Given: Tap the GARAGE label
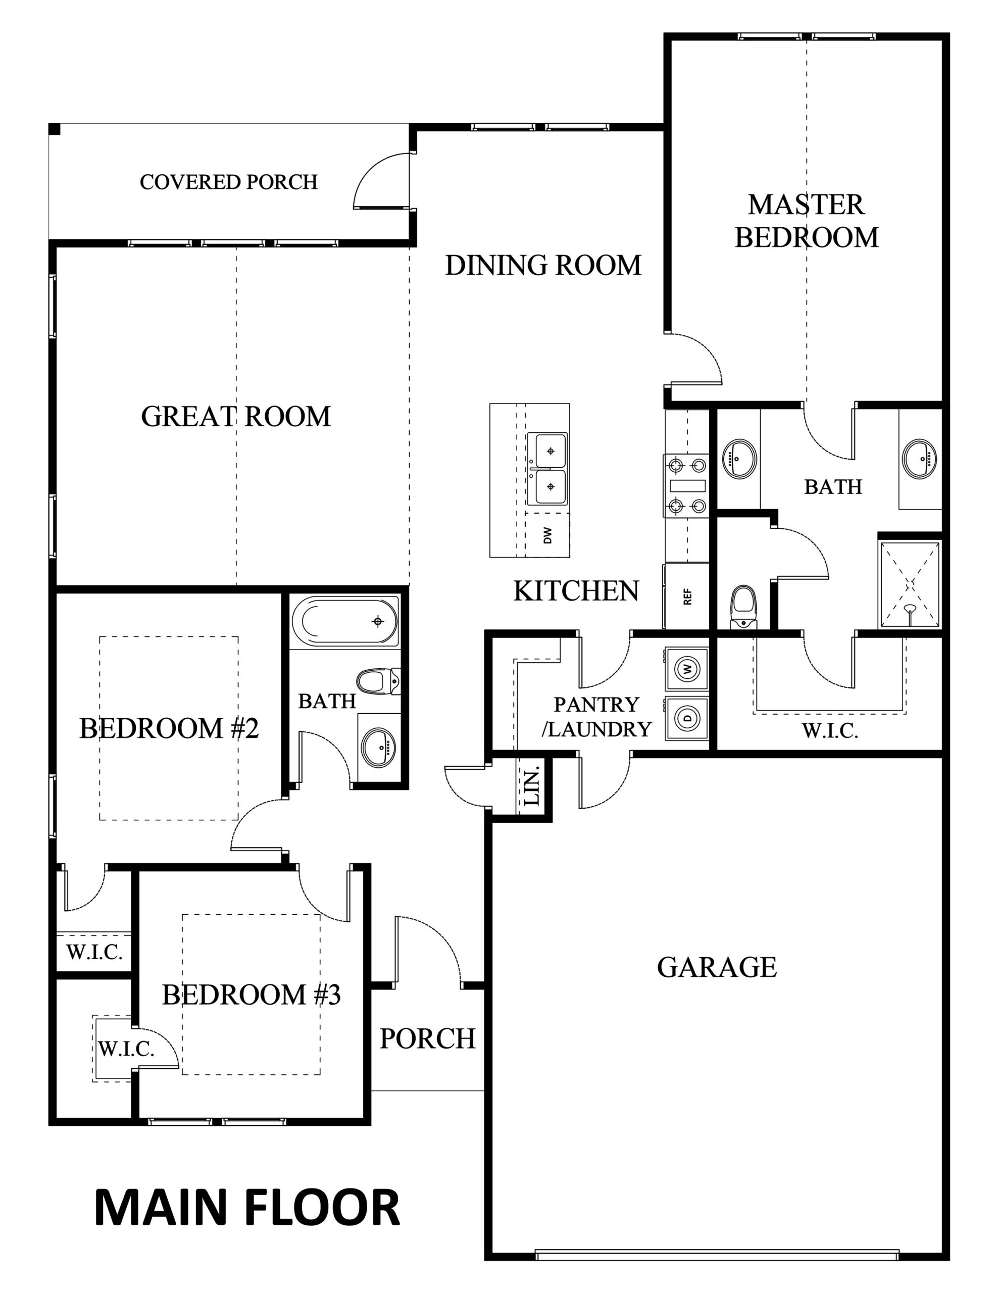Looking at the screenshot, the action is click(717, 967).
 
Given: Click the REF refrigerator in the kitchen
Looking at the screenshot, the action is click(687, 595).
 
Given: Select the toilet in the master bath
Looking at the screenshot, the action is click(743, 607).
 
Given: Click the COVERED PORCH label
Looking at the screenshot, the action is click(229, 182).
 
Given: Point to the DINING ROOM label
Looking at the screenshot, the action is click(543, 265).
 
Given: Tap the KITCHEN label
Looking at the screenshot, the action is click(576, 591).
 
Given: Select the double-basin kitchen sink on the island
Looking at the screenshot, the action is click(547, 469).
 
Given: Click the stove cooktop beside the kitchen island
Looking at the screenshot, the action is click(687, 485).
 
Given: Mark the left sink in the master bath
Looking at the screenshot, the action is click(738, 459).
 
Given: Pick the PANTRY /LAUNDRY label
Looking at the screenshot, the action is click(597, 716).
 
